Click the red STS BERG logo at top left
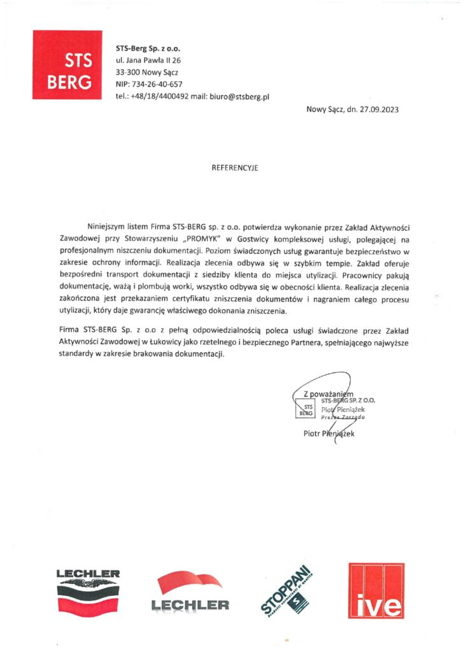click(67, 64)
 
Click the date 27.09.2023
click(380, 110)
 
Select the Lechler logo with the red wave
click(190, 592)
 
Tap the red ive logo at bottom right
click(376, 592)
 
